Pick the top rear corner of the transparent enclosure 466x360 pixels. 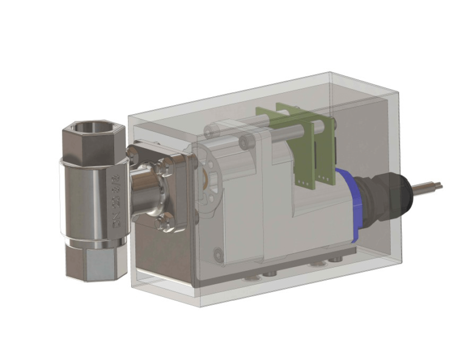click(330, 73)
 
